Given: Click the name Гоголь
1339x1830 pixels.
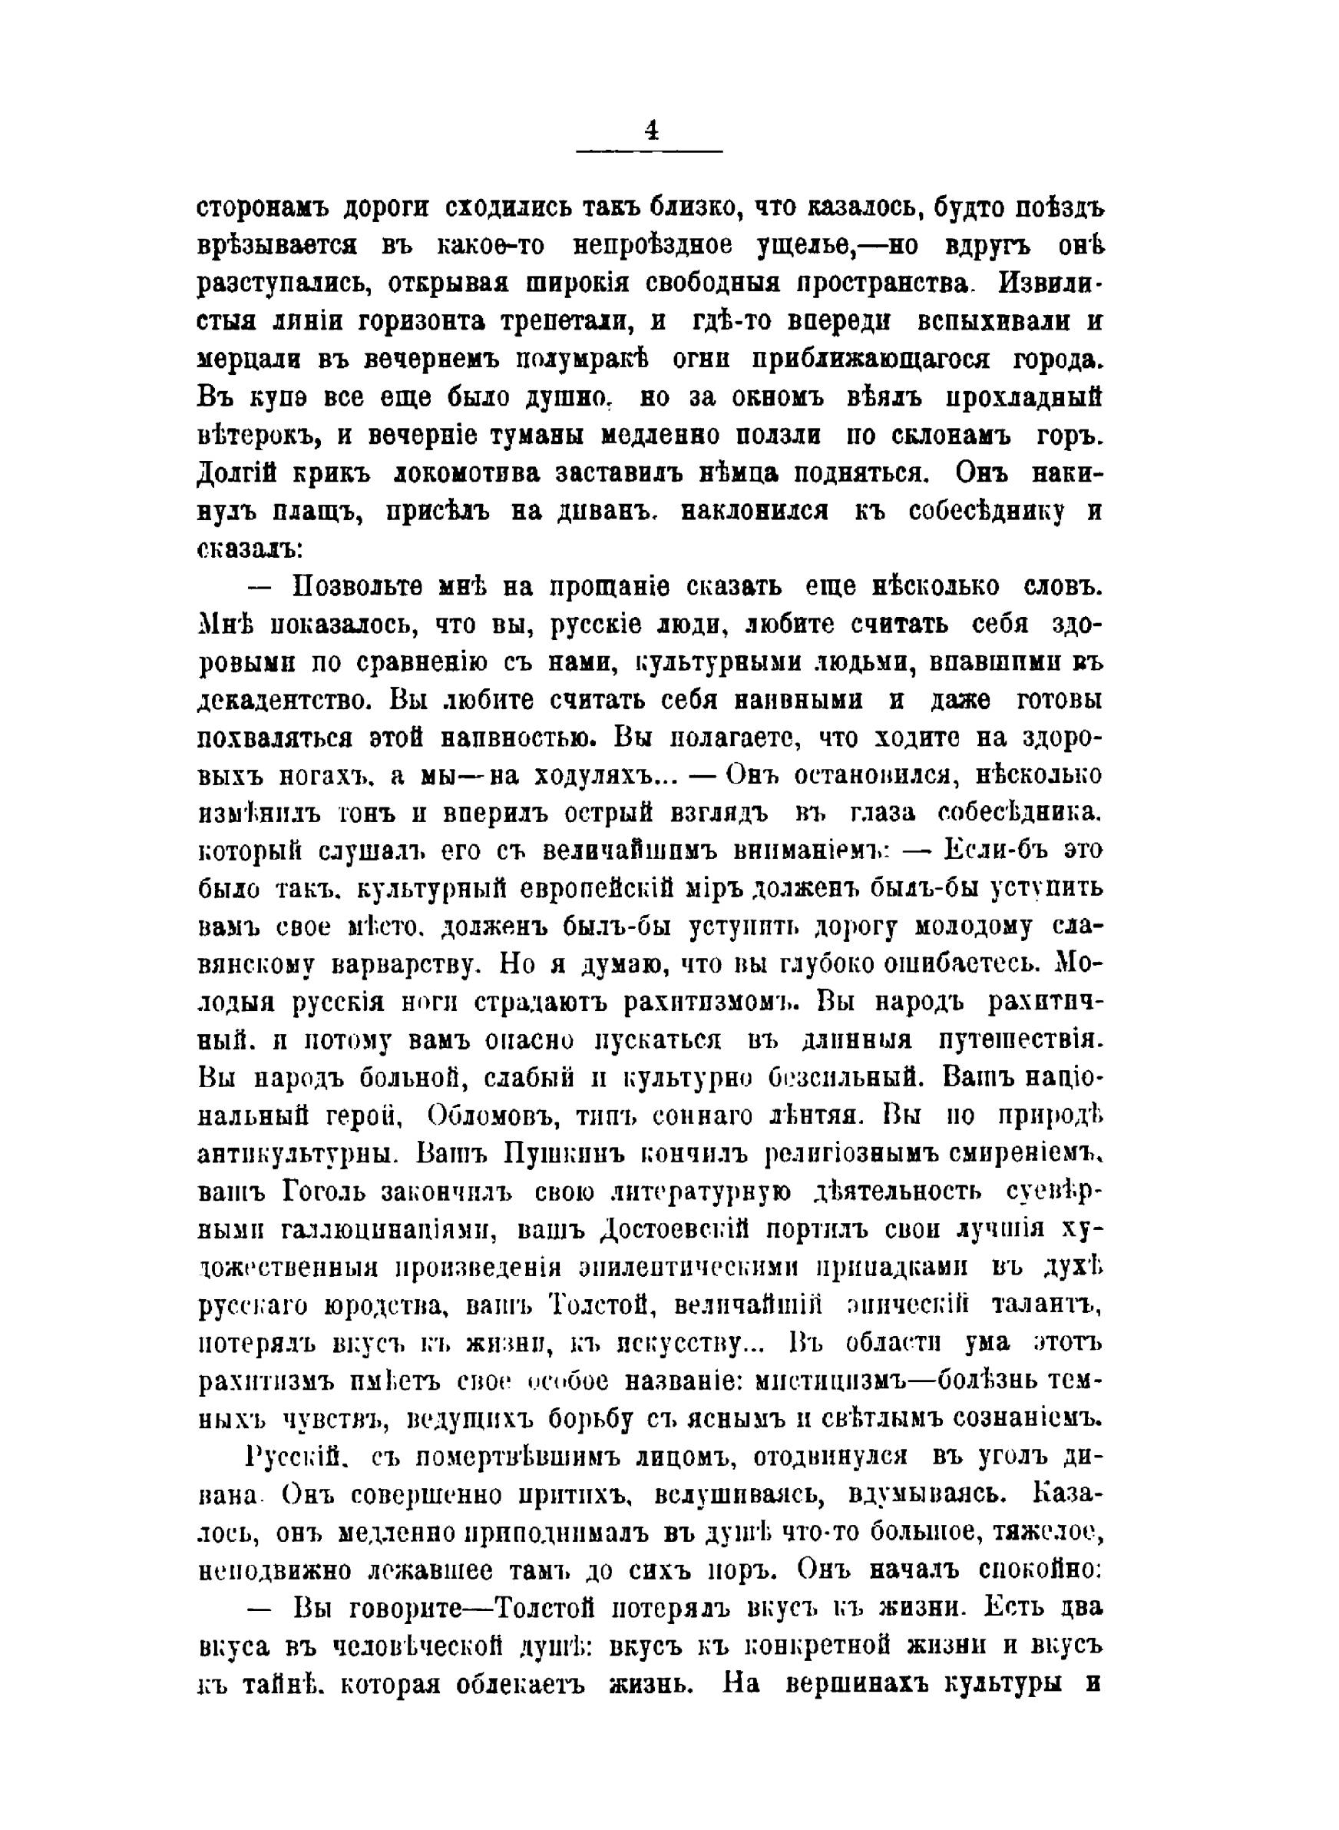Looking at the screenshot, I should [323, 1196].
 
